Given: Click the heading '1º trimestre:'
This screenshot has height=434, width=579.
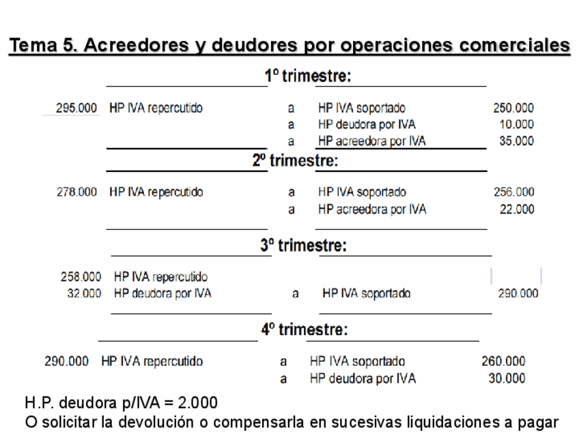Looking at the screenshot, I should tap(308, 76).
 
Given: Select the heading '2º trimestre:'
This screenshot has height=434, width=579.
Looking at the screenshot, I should tap(296, 161).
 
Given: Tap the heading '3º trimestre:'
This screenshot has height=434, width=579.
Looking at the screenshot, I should tap(303, 246).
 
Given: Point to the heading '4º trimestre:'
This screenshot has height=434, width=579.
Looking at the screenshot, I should tap(305, 330).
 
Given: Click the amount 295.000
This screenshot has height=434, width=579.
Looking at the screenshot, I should tap(76, 108).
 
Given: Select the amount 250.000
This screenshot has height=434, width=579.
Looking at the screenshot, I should tap(513, 108).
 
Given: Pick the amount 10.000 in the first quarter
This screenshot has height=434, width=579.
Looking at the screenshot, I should tap(517, 124).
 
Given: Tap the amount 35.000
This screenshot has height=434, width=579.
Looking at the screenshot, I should tap(517, 141).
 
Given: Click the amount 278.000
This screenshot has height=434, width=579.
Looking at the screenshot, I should tap(76, 192).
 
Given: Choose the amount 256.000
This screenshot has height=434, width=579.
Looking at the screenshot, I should tap(513, 192).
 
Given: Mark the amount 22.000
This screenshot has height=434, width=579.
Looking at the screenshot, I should tap(517, 209).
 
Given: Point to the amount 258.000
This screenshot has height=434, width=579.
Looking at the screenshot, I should tap(81, 277).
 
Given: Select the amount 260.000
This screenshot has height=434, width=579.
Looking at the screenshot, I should tap(504, 362).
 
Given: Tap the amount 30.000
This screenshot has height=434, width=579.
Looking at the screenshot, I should tap(507, 378).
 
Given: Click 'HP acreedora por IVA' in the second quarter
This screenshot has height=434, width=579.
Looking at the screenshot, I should tap(371, 209).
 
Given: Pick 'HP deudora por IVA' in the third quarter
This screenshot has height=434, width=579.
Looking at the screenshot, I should tap(163, 293).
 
